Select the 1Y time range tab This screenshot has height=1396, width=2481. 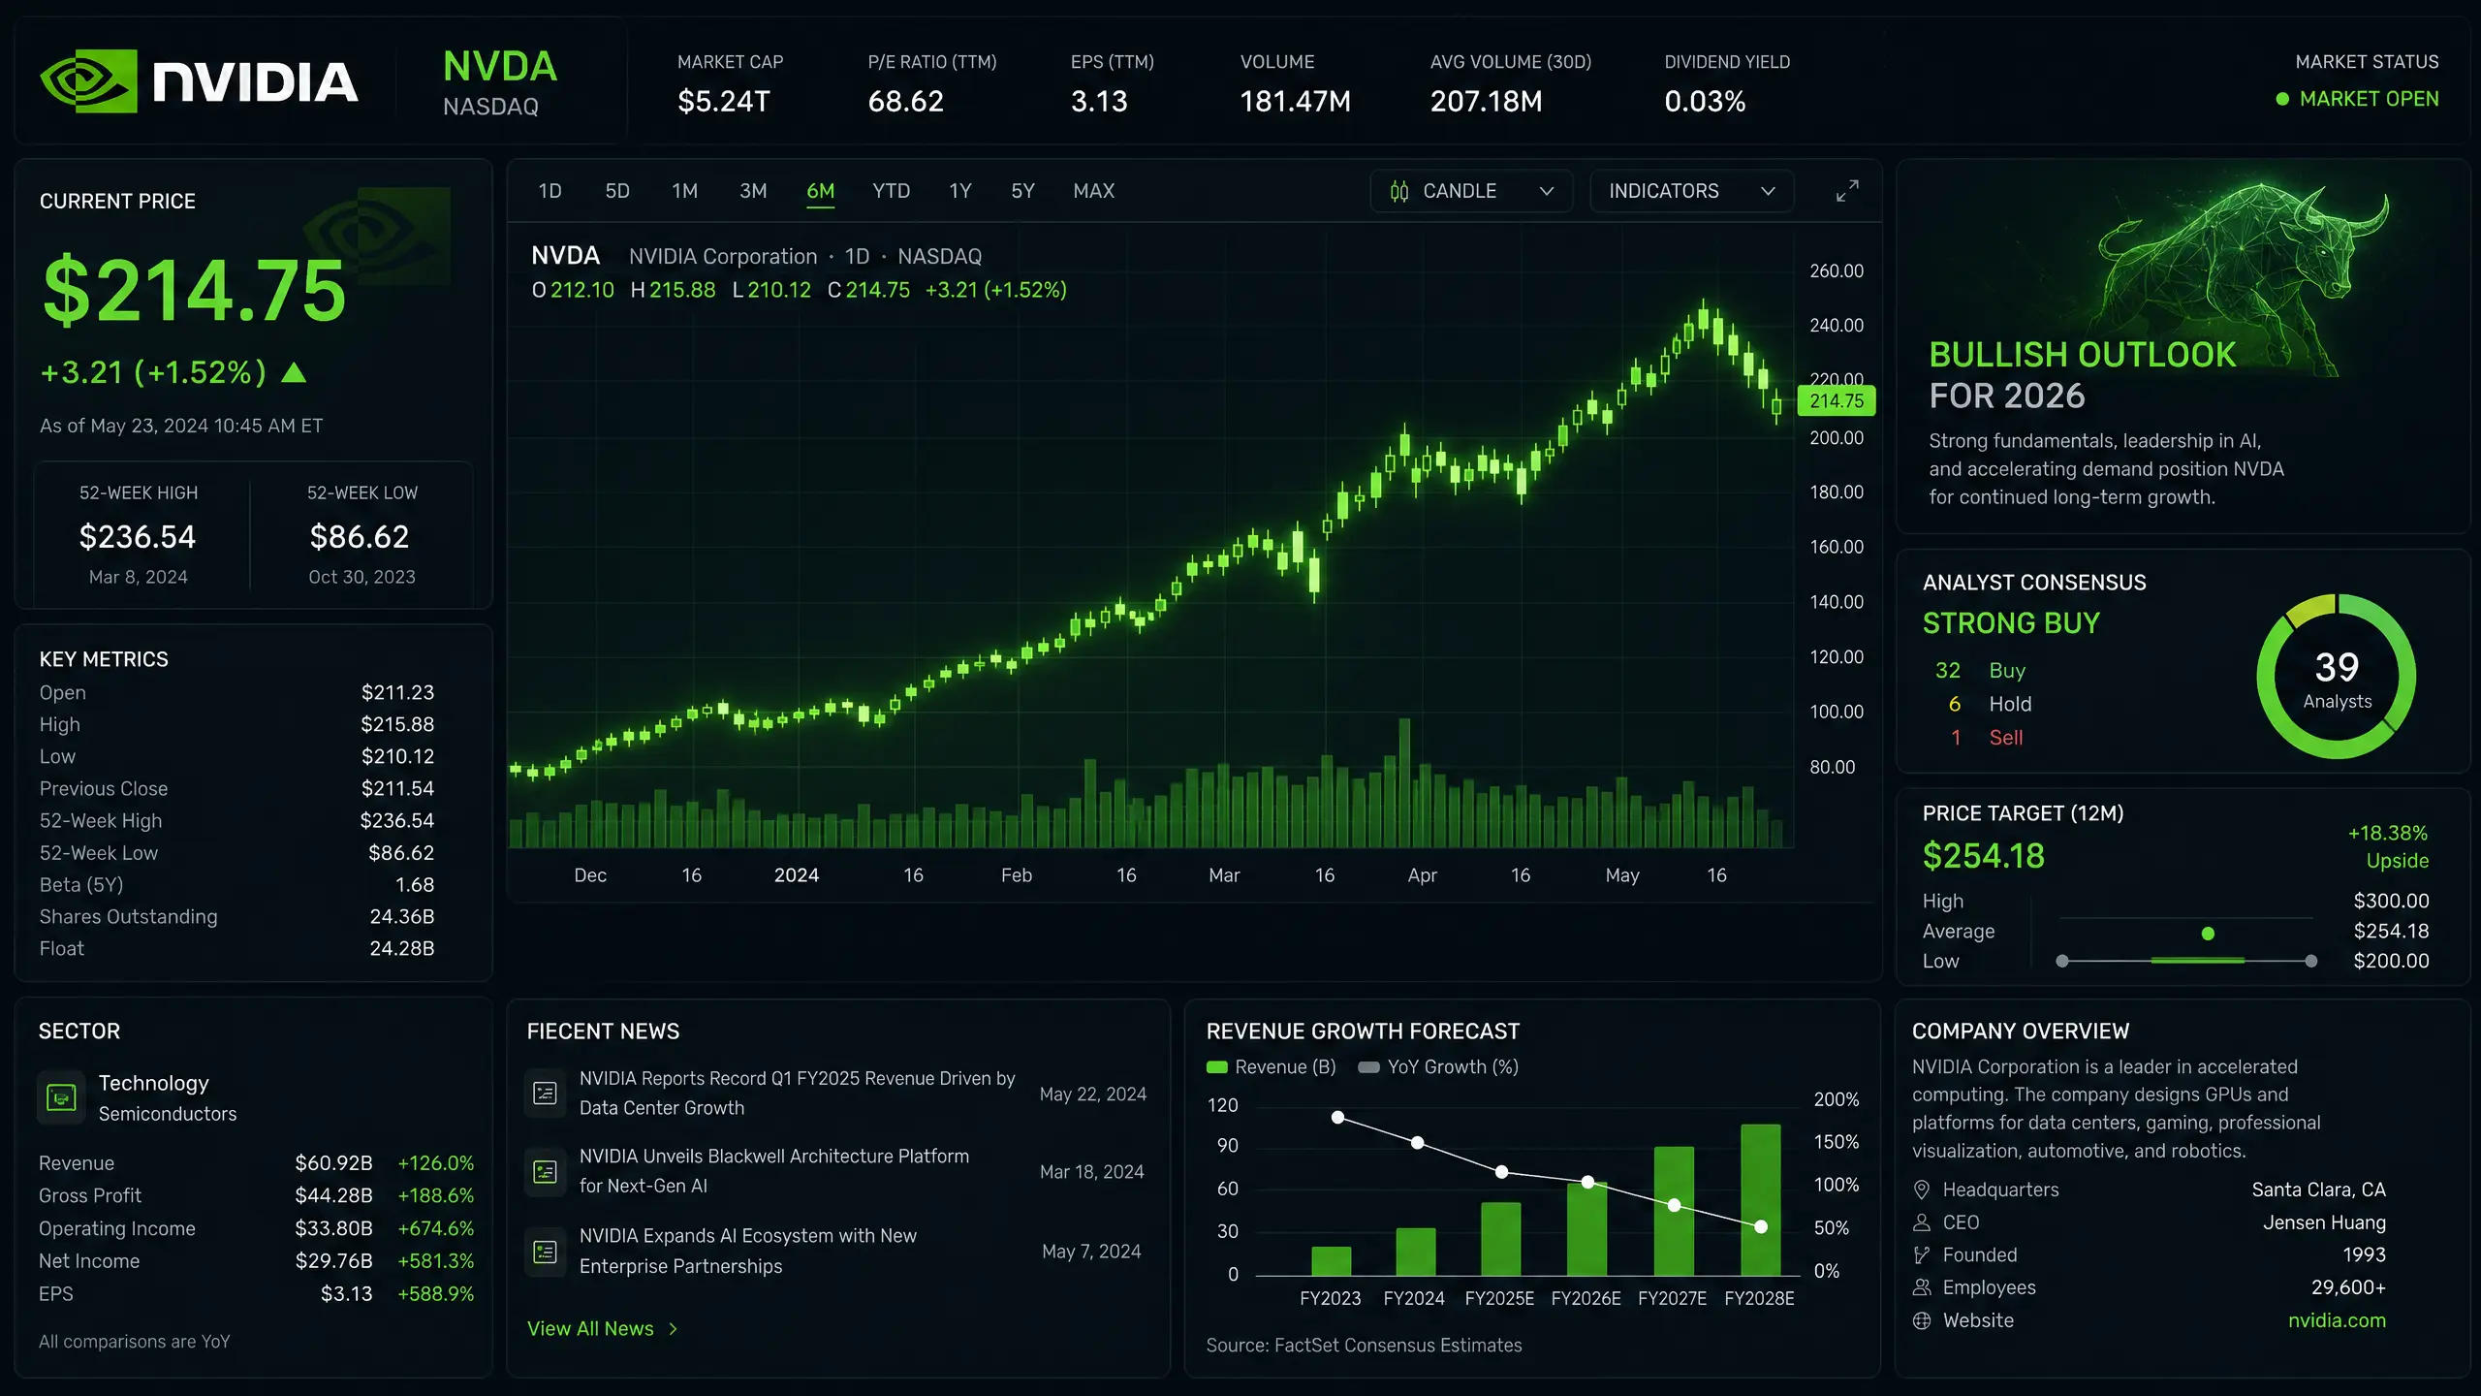(959, 191)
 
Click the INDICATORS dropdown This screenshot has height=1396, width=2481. (1691, 191)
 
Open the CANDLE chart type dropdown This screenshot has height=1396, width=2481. (1471, 191)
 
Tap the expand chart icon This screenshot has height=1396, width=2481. (1847, 191)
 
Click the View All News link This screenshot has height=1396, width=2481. (602, 1328)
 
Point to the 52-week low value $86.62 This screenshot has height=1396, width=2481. (360, 536)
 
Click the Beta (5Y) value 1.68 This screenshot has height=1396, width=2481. (415, 885)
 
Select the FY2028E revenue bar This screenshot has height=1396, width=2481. (1760, 1199)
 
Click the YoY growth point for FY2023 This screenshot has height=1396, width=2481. (1337, 1117)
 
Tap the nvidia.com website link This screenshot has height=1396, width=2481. (2337, 1320)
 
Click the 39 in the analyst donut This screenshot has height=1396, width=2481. (2337, 667)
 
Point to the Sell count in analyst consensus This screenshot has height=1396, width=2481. (1956, 738)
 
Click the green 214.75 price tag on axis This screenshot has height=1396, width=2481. (1837, 400)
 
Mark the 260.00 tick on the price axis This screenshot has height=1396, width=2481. (1837, 270)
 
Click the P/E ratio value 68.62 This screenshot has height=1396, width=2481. (905, 101)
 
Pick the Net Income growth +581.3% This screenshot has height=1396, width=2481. (436, 1261)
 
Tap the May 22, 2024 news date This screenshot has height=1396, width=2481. (1092, 1095)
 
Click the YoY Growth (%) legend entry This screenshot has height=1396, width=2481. (1438, 1067)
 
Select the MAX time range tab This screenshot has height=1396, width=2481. (1093, 191)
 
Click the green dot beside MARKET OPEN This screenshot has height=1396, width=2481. (2282, 99)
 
